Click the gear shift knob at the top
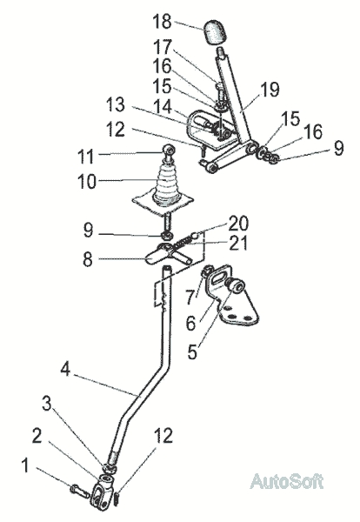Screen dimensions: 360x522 tap(214, 32)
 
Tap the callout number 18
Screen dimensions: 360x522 tap(162, 21)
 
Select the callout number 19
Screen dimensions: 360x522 tap(270, 90)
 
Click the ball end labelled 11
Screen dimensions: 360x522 tap(169, 150)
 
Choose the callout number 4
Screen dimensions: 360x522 tap(65, 369)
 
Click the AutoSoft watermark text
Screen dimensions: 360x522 tap(286, 481)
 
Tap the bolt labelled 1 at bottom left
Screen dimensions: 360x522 tap(80, 491)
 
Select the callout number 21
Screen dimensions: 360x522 tap(238, 244)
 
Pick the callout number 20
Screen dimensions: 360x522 tap(238, 224)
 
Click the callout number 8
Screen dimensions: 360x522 tap(88, 259)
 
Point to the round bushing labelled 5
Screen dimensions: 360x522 tap(237, 286)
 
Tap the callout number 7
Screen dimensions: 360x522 tap(190, 298)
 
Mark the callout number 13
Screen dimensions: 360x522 tap(116, 104)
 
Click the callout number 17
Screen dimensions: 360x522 tap(162, 47)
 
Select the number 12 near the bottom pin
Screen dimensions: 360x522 tap(163, 435)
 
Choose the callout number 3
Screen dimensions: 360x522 tap(47, 405)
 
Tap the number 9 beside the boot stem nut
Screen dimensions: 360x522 tap(88, 230)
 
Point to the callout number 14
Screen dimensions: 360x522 tap(163, 107)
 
